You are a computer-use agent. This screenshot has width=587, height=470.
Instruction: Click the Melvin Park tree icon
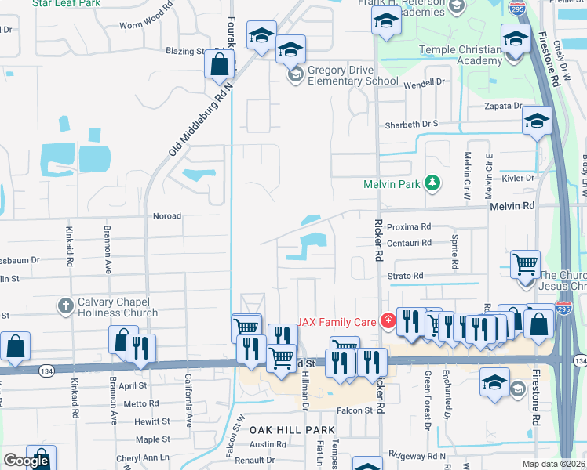click(432, 184)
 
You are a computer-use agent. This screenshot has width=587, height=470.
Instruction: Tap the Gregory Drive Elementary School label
click(352, 74)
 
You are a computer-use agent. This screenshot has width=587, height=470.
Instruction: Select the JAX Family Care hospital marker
click(387, 321)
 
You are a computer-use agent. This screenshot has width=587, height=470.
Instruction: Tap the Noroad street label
click(166, 216)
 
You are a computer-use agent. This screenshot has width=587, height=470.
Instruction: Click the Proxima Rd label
click(409, 226)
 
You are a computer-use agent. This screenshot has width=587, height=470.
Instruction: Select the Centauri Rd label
click(409, 243)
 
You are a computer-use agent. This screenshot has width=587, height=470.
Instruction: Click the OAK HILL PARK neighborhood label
click(293, 430)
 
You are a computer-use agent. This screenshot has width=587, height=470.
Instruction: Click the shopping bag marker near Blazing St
click(220, 64)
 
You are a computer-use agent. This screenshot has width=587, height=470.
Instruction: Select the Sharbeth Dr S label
click(410, 124)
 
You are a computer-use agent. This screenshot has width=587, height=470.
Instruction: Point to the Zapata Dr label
click(503, 106)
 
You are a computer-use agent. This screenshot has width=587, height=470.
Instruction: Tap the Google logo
click(26, 461)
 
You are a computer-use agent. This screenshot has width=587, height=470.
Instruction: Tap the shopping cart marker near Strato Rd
click(525, 263)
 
